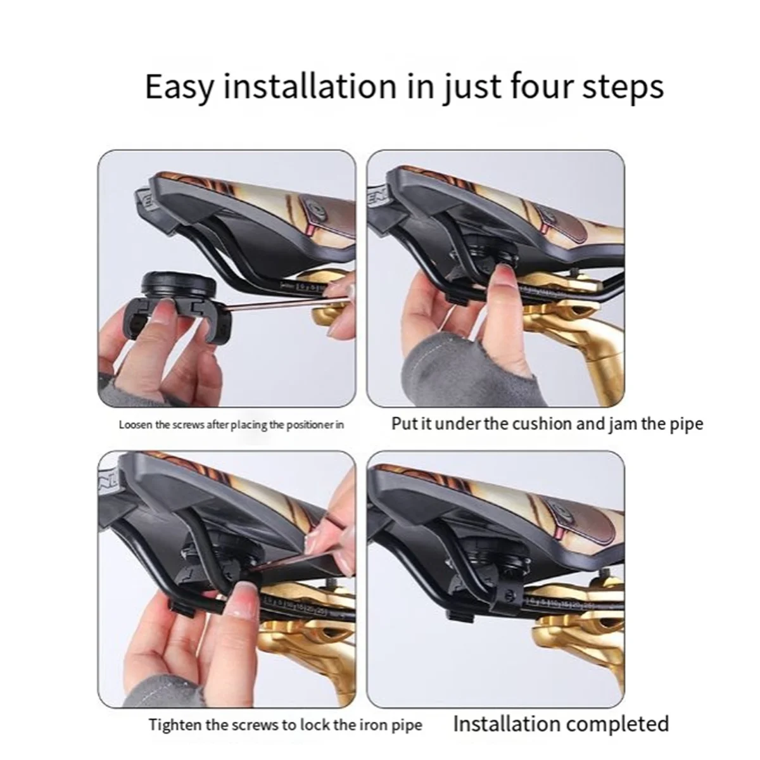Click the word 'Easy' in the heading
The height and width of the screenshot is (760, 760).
point(179,87)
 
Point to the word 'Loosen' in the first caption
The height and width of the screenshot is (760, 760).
point(136,424)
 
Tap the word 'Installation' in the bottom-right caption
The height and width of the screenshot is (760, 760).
point(507,723)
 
